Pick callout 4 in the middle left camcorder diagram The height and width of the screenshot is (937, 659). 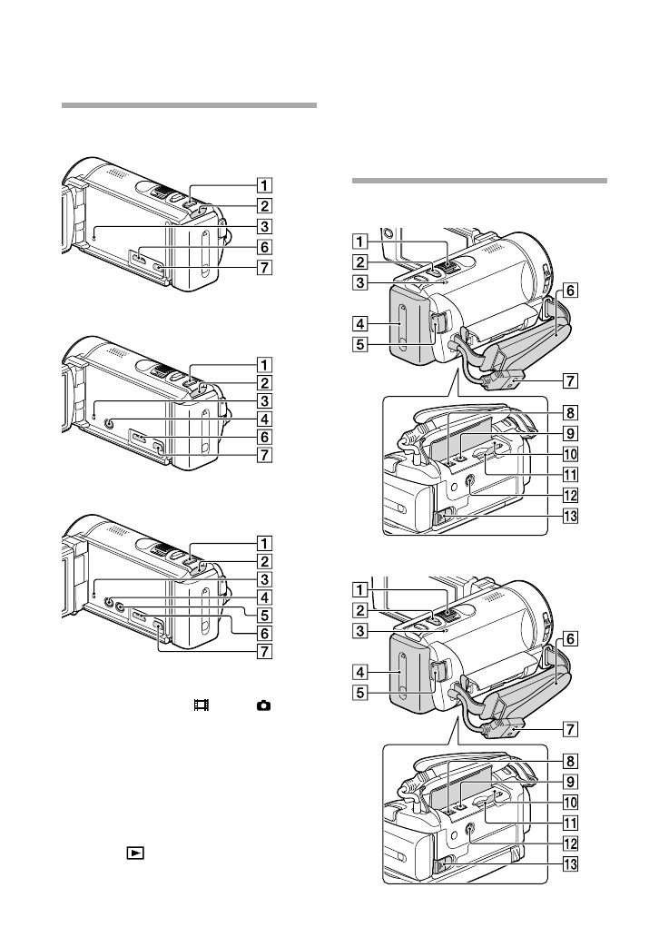coord(263,420)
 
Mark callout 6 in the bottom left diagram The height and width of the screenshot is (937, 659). coord(263,632)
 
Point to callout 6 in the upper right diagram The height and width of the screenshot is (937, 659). coord(569,291)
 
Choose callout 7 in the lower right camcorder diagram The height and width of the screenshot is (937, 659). coord(569,728)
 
